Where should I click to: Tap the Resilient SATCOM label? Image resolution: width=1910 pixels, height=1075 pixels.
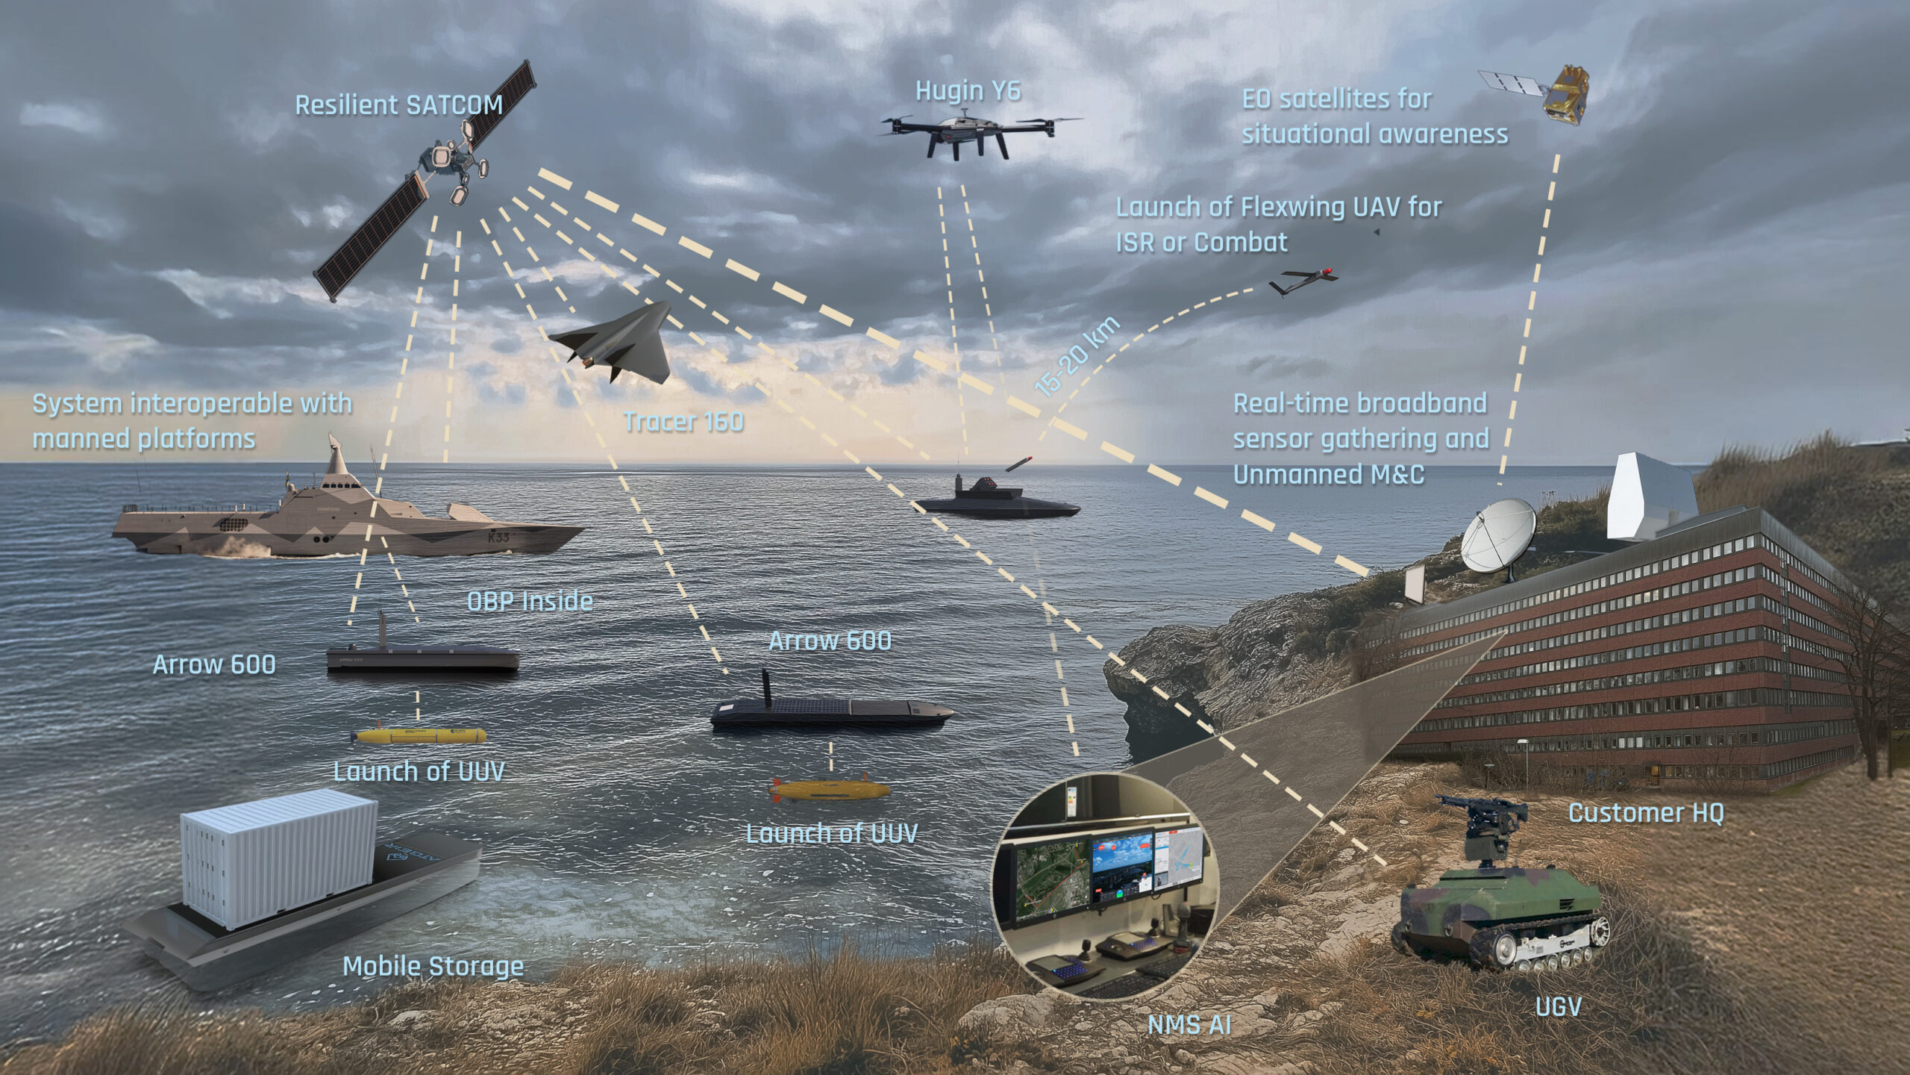[399, 105]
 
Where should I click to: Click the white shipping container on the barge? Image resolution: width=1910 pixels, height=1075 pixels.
[280, 858]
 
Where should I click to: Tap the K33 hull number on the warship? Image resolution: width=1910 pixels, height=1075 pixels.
[498, 537]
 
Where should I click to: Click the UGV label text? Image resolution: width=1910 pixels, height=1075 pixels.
[1558, 1007]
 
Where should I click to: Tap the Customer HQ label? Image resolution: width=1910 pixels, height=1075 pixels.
[1646, 812]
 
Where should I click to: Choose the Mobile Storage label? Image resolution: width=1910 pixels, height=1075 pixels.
[433, 966]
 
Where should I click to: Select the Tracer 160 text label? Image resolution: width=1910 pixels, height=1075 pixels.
[683, 422]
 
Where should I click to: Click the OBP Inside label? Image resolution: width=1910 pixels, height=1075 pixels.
[530, 601]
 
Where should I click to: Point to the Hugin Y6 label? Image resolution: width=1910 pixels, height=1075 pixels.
[968, 91]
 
